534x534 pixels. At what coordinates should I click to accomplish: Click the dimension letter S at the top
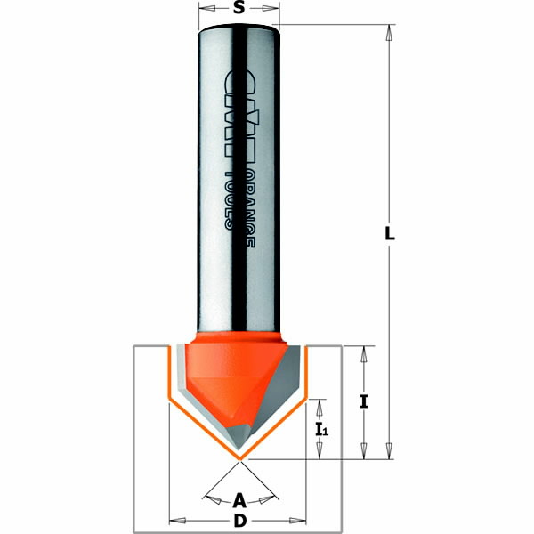pyautogui.click(x=239, y=9)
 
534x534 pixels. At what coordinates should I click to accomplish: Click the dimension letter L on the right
pyautogui.click(x=389, y=234)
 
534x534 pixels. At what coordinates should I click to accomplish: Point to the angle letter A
pyautogui.click(x=239, y=498)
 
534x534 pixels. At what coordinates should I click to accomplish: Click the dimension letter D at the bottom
pyautogui.click(x=239, y=521)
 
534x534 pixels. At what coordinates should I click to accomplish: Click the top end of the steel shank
pyautogui.click(x=239, y=29)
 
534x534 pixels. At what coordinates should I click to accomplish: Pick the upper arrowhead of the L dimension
pyautogui.click(x=389, y=32)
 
